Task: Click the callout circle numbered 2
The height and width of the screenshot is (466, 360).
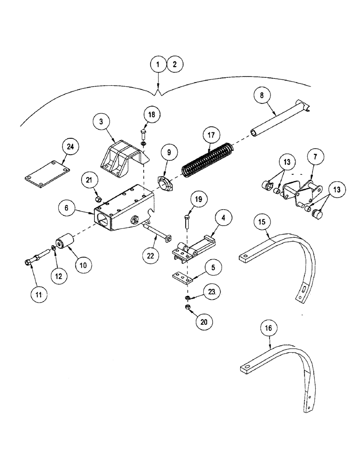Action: tap(175, 64)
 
